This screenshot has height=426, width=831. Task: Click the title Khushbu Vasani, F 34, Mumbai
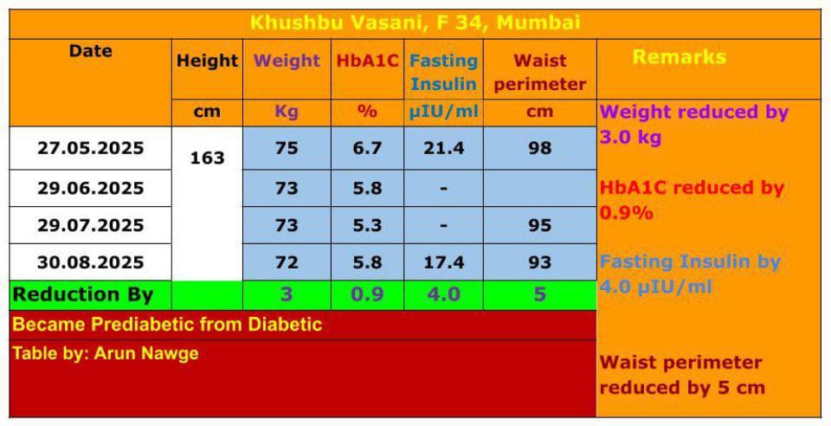(415, 23)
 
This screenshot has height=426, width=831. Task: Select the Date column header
(91, 51)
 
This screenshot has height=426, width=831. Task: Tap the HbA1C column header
(367, 61)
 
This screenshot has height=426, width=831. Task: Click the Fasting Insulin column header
(443, 73)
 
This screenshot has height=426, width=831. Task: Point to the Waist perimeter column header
(539, 73)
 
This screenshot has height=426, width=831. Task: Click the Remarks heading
(679, 57)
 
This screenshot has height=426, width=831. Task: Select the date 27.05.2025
(91, 148)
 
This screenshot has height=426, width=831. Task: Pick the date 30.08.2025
(91, 262)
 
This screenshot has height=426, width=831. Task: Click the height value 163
(207, 158)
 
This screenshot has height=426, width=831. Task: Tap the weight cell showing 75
(287, 148)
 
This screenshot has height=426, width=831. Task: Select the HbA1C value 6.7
(367, 148)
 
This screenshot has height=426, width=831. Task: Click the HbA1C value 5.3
(367, 225)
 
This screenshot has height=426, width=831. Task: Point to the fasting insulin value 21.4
(443, 148)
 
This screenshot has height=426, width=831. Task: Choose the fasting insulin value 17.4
(443, 262)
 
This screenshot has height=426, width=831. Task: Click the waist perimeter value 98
(539, 148)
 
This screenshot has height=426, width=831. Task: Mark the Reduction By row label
(83, 294)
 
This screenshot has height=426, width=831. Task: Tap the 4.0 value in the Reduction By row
(443, 294)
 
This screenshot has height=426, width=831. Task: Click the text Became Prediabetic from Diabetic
(167, 325)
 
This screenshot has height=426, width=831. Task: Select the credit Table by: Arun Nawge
(106, 353)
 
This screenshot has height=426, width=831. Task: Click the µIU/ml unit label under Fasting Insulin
(443, 113)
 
